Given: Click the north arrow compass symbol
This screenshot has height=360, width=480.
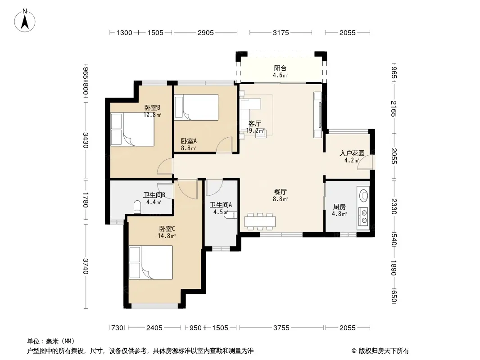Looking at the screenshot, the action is (25, 20).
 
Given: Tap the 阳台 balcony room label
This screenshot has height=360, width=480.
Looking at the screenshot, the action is (280, 68).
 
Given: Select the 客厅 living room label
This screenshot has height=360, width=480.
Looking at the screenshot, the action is (254, 124).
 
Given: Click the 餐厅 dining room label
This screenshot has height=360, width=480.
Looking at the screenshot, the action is (280, 192).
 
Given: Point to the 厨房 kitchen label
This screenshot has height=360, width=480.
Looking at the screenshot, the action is (339, 207).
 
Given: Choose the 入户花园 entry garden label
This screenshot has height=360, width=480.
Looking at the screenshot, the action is (352, 153).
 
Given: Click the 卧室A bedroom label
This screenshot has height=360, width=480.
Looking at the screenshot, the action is (189, 141).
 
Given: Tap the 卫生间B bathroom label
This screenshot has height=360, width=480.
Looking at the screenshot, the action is (154, 195).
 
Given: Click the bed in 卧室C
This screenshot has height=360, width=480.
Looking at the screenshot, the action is (150, 262).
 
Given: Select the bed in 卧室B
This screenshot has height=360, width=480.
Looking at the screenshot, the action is (132, 130).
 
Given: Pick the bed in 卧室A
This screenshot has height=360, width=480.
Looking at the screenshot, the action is (196, 107).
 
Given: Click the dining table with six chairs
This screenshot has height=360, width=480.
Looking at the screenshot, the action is (260, 221).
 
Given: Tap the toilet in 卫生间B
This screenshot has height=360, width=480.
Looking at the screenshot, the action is (137, 207).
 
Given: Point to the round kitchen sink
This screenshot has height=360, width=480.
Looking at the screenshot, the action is (364, 195).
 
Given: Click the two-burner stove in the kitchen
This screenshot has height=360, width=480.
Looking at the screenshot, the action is (364, 216).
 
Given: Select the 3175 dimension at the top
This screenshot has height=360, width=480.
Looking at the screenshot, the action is (281, 32).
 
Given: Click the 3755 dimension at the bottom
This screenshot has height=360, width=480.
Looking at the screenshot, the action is (281, 328).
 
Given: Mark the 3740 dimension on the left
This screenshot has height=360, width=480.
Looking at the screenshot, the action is (86, 266).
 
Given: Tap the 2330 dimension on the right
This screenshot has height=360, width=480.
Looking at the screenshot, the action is (394, 207).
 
